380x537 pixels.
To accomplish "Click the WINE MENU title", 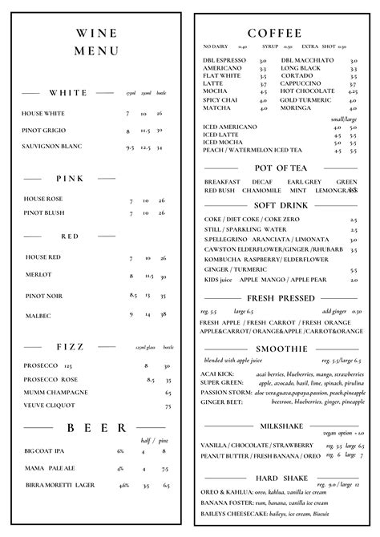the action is tap(96, 42).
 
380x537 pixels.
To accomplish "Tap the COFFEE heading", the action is tap(275, 33).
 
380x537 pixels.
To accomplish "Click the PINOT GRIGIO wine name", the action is tap(43, 130).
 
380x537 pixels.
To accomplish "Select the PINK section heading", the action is tap(70, 178).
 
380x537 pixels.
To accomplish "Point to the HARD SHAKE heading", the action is tap(276, 478).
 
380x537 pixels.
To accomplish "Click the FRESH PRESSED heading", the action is tap(275, 298).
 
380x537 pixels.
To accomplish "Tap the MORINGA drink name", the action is tap(296, 107).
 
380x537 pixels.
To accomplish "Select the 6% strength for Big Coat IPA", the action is tap(120, 450).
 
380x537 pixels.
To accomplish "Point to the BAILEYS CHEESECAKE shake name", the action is tap(236, 513).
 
